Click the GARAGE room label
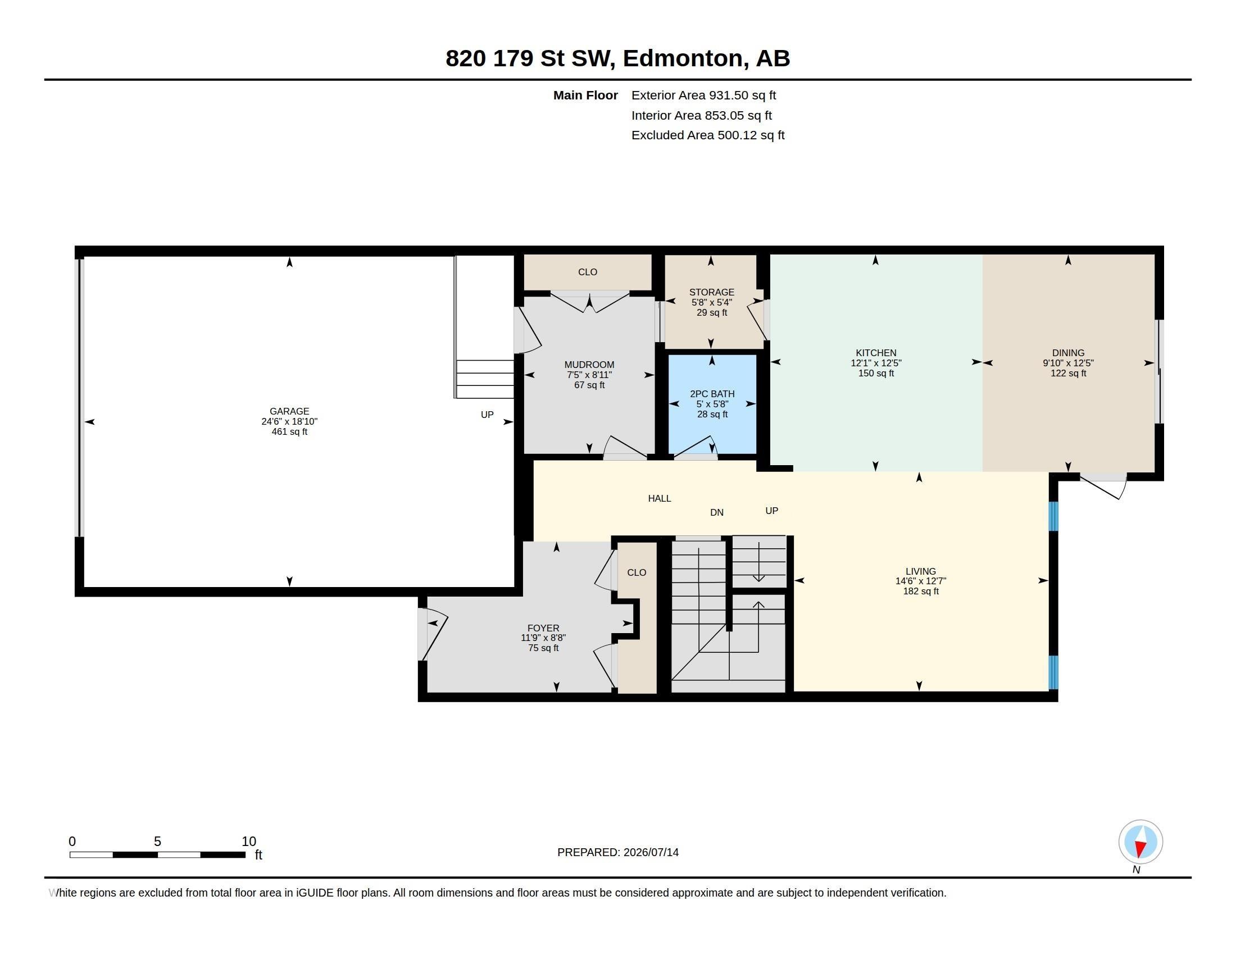(289, 411)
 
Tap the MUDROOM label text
(589, 365)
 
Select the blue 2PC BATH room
(712, 404)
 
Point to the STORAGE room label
(711, 292)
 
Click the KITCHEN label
(876, 353)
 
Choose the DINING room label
(1069, 353)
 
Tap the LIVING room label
(921, 571)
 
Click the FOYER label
(543, 628)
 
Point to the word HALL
(660, 498)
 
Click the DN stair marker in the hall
(717, 512)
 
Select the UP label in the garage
(487, 415)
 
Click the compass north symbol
(1140, 842)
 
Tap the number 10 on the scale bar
(249, 842)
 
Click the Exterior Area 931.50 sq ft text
(703, 95)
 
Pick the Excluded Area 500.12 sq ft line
(708, 135)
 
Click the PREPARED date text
(618, 852)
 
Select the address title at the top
(618, 58)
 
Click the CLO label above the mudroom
(588, 272)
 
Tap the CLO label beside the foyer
(637, 572)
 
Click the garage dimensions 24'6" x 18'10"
(289, 421)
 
